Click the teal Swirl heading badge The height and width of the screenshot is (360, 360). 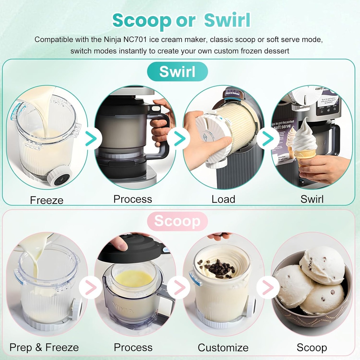tap(177, 72)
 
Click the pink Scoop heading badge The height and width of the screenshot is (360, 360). tap(177, 221)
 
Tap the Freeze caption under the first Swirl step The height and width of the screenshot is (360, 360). tap(47, 200)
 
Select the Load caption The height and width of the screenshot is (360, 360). tap(223, 199)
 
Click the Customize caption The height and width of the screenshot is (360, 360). tap(223, 348)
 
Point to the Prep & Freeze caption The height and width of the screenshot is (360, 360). tap(44, 348)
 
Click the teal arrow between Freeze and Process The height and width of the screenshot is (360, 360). tap(91, 139)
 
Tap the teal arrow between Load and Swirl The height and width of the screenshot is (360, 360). tap(268, 139)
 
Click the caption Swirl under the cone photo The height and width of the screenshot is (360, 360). tap(312, 199)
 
